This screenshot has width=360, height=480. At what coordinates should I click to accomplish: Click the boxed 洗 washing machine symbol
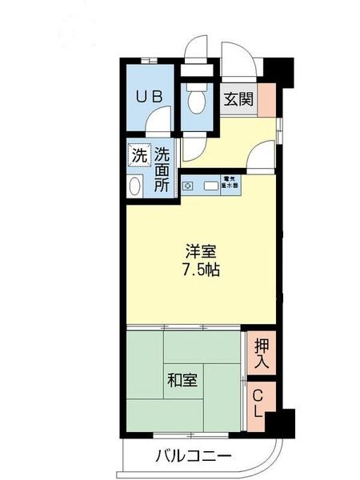[x=138, y=156]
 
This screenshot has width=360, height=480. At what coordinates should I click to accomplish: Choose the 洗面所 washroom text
[x=162, y=169]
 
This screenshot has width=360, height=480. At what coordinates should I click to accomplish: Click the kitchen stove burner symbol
[x=187, y=186]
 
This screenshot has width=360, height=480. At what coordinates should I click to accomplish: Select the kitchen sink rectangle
[x=211, y=186]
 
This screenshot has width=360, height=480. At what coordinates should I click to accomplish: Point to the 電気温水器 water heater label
[x=230, y=183]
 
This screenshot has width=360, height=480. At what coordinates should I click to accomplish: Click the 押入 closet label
[x=262, y=354]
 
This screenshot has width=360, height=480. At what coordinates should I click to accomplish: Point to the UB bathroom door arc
[x=160, y=125]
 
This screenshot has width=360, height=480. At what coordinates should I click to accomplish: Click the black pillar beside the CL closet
[x=281, y=419]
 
